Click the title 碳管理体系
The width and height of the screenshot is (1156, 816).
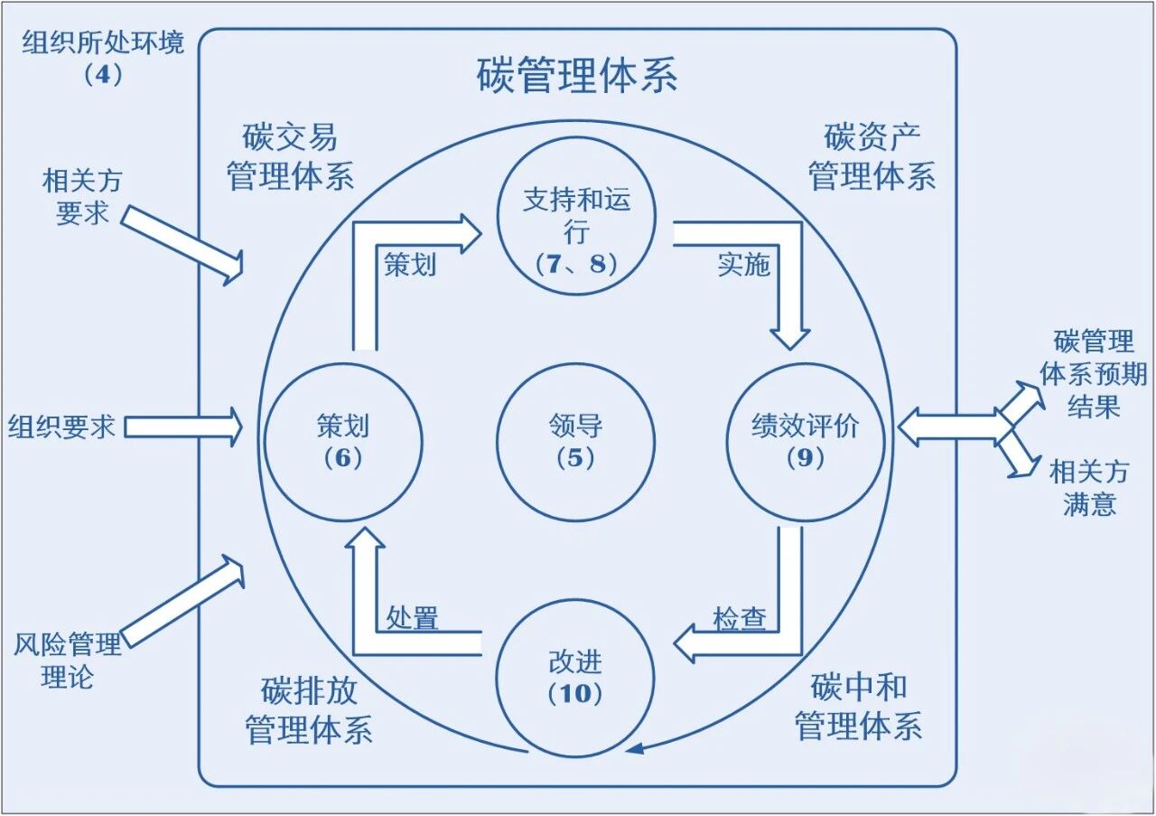(576, 76)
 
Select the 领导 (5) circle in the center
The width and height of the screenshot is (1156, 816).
(575, 442)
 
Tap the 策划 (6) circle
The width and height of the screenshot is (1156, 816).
(343, 442)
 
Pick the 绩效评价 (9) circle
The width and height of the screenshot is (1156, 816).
(806, 442)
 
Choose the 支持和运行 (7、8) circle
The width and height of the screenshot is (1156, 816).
(575, 216)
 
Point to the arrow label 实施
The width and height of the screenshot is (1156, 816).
(743, 264)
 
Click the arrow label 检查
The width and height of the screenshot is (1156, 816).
(740, 619)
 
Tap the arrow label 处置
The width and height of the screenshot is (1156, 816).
(413, 619)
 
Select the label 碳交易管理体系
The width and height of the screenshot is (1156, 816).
(290, 157)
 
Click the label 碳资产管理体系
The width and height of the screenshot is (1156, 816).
(871, 157)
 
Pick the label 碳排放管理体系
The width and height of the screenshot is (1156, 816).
(309, 711)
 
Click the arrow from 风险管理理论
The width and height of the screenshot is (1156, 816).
(184, 601)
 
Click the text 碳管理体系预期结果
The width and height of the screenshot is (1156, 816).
(1093, 374)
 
